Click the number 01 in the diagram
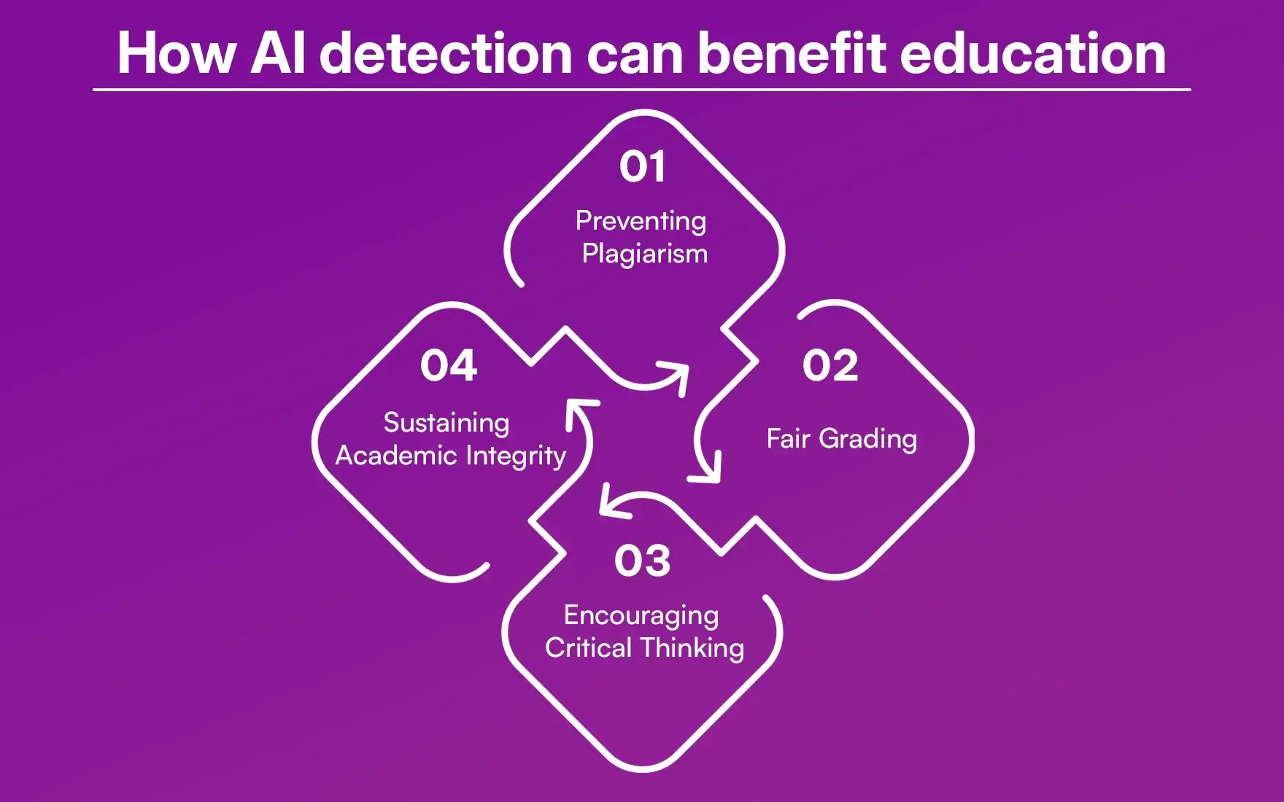click(x=642, y=167)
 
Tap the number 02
click(x=830, y=365)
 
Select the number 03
click(x=642, y=561)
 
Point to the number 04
click(x=448, y=365)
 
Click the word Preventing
click(x=641, y=221)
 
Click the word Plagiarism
click(x=645, y=254)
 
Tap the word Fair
click(x=788, y=438)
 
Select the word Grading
click(x=867, y=439)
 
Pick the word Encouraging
click(x=641, y=616)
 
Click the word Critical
click(x=588, y=647)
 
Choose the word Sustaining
click(x=446, y=423)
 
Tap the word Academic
click(x=396, y=456)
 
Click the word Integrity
click(x=516, y=456)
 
